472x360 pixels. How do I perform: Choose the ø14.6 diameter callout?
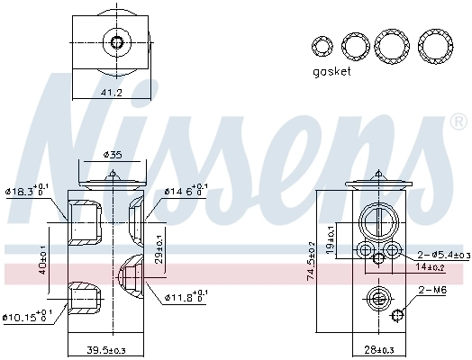click(x=186, y=191)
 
